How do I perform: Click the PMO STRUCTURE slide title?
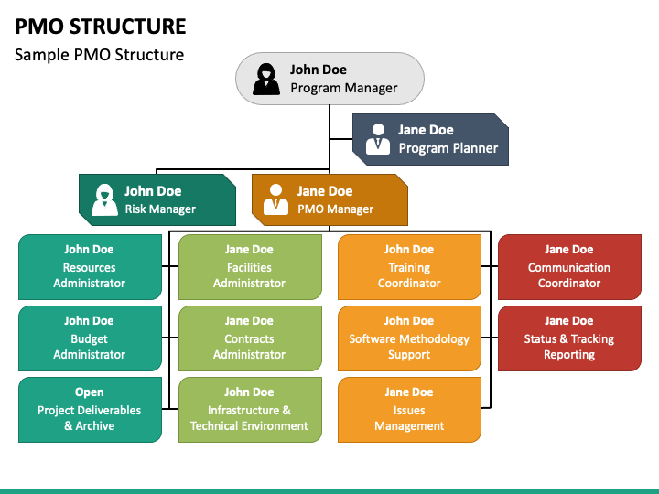[101, 27]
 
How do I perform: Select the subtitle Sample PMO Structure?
[99, 55]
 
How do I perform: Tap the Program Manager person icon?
[266, 79]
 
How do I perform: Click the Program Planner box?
[430, 139]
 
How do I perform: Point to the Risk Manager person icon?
[104, 199]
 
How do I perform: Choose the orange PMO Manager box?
[329, 200]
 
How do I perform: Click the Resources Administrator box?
[90, 267]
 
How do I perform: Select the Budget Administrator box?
[90, 338]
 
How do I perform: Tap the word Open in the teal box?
[89, 392]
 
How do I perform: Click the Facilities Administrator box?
[250, 267]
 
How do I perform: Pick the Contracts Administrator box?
[250, 338]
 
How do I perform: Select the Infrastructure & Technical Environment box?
[250, 410]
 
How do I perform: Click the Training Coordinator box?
[409, 267]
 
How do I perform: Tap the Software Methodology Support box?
[409, 338]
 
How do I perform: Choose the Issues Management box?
[409, 410]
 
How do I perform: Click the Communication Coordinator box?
[569, 267]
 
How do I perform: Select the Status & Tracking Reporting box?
[569, 338]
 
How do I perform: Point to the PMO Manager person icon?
[275, 199]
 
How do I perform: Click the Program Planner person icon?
[378, 139]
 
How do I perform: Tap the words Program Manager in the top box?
[344, 88]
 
